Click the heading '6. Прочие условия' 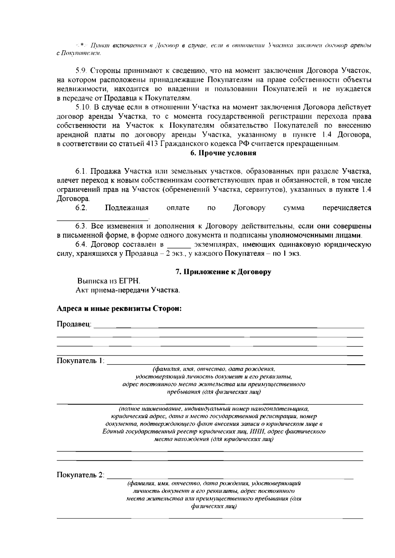click(x=223, y=153)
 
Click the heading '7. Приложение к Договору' click(x=223, y=272)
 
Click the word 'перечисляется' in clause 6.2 click(x=347, y=208)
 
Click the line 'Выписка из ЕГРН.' click(x=108, y=281)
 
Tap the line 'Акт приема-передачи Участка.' click(x=128, y=291)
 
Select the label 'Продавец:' click(x=74, y=324)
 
